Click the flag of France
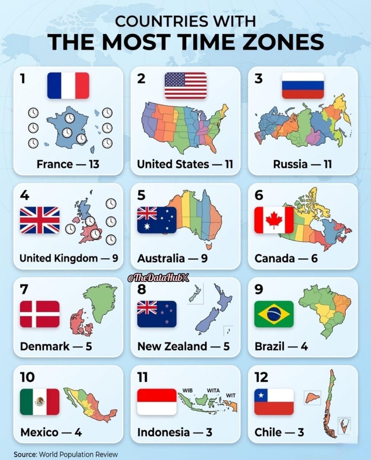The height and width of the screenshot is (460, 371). tap(68, 86)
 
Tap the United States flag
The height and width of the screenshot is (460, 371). tap(185, 86)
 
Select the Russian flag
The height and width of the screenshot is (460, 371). tap(303, 86)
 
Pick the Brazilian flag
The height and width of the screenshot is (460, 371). tap(274, 314)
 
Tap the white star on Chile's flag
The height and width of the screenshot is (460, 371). tap(261, 395)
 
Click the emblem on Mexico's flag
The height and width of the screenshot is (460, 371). tap(40, 401)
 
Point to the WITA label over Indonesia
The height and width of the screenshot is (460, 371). tap(213, 390)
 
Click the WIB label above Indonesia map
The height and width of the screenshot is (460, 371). tap(187, 390)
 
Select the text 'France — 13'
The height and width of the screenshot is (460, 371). tap(68, 164)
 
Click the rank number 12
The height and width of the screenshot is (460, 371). tap(261, 377)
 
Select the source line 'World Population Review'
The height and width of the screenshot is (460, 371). tap(78, 454)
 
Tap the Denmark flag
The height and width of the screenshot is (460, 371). tap(40, 314)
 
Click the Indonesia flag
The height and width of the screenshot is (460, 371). tap(157, 402)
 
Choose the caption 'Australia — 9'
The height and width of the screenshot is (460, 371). tap(172, 258)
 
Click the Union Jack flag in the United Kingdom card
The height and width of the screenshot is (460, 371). tap(40, 220)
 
